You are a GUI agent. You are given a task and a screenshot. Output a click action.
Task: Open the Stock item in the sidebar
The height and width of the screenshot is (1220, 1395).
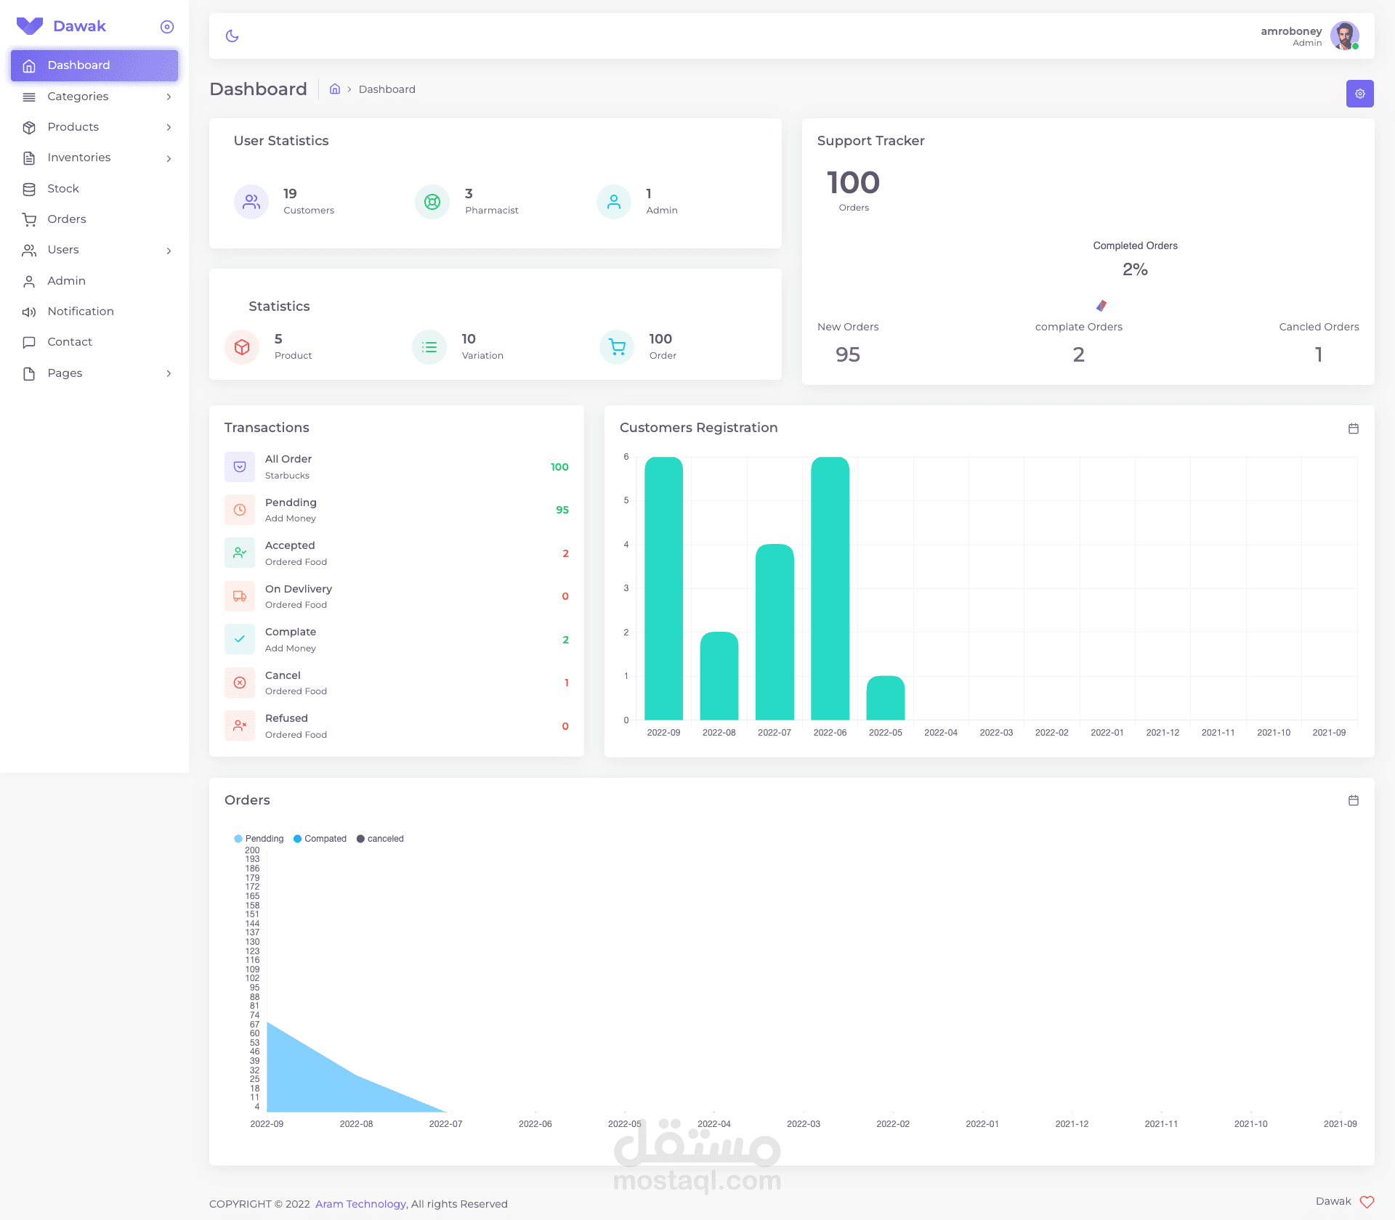point(63,189)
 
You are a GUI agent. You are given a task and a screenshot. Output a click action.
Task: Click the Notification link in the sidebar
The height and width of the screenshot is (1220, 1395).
point(81,312)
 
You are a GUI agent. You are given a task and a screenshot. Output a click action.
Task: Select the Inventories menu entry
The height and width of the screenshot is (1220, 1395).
point(79,158)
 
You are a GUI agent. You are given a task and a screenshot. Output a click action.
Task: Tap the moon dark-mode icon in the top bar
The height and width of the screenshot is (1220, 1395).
point(232,36)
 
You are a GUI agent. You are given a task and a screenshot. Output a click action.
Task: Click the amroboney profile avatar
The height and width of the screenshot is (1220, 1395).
point(1344,36)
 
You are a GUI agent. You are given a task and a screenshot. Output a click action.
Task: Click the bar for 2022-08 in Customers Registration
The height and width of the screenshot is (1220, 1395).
point(719,676)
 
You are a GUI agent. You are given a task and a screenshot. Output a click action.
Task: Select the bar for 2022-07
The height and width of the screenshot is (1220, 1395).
point(775,632)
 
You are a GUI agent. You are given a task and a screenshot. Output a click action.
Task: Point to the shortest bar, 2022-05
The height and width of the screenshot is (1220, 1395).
point(886,698)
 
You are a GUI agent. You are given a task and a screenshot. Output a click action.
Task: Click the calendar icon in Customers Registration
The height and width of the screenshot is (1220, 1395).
point(1354,428)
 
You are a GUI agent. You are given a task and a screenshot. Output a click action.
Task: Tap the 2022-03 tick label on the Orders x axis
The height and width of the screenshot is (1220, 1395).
point(804,1124)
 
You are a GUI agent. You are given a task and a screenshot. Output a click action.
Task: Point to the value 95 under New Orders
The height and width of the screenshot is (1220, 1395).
point(848,354)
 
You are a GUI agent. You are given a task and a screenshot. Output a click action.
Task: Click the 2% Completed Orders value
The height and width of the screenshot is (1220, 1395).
point(1135,269)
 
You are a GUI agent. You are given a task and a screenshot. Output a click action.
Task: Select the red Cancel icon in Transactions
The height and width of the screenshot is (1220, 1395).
point(240,683)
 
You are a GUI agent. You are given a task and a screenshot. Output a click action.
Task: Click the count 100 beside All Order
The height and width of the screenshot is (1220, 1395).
point(559,467)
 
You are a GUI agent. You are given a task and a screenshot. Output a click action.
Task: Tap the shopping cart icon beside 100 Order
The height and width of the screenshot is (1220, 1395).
point(617,347)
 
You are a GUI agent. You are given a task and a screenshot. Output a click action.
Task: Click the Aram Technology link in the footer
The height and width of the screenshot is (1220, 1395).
point(360,1204)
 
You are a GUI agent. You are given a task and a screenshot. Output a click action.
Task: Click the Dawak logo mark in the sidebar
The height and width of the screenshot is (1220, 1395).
point(30,26)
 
